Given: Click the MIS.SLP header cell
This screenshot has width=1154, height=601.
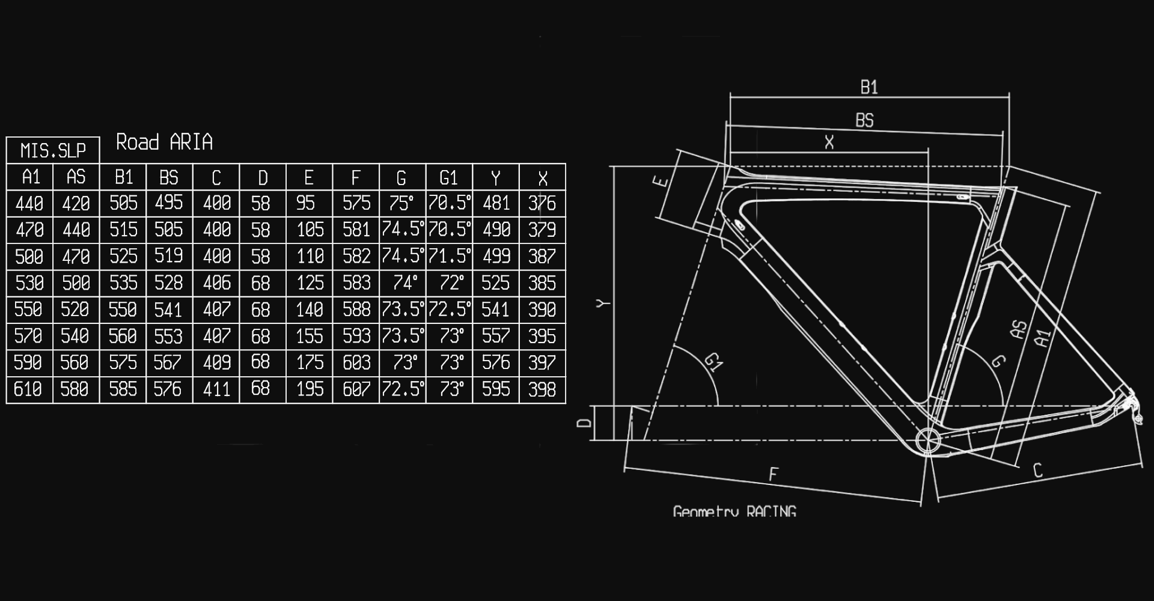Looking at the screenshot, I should [x=53, y=150].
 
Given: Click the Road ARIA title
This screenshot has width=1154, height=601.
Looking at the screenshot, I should [x=164, y=142].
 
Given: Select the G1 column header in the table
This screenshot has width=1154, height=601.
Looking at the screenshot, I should [x=449, y=177].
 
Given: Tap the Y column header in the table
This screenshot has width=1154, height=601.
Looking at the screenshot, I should [x=496, y=177].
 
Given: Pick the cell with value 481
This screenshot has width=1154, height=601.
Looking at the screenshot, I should [x=496, y=203].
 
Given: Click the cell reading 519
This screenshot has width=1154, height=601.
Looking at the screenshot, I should [x=169, y=256].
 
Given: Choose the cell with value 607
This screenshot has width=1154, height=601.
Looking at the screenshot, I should [x=356, y=389].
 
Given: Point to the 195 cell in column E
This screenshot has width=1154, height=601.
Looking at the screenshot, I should [x=310, y=389].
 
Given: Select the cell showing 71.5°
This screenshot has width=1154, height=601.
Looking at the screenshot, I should [x=449, y=256].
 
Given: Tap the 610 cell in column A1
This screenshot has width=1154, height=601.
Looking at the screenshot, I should [x=29, y=389].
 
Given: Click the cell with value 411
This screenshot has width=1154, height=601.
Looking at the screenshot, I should [x=216, y=389].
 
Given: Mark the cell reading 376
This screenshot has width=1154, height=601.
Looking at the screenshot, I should [x=542, y=203].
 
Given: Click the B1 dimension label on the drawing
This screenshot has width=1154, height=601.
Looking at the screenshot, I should [x=869, y=88].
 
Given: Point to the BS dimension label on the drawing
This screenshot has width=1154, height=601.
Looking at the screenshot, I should [x=864, y=120].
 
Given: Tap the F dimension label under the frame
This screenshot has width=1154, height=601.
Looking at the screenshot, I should [x=774, y=474].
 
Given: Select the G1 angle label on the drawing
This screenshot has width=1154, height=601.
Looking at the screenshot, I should [x=713, y=361].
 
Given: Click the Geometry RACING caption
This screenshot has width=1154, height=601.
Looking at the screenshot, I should [x=734, y=511].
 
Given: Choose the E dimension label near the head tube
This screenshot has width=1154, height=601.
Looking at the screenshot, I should [x=661, y=180].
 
